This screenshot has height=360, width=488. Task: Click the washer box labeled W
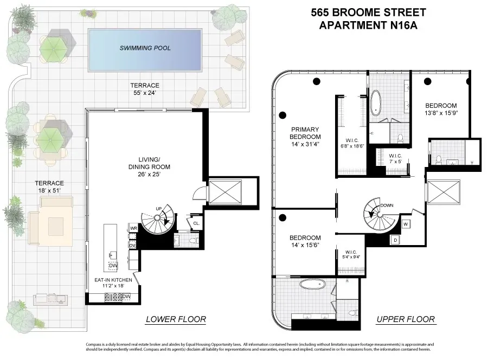(x=406, y=223)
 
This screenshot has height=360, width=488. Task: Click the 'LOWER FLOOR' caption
(x=176, y=319)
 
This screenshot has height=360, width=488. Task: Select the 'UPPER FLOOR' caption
(x=406, y=319)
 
